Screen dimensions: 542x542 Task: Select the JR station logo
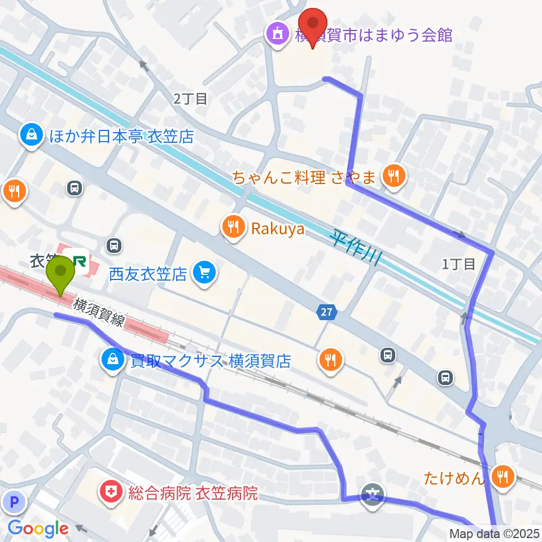[78, 262]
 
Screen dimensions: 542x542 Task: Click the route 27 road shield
[328, 312]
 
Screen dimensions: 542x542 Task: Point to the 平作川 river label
[356, 247]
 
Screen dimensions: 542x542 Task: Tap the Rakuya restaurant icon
[233, 228]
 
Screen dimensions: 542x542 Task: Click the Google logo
[38, 529]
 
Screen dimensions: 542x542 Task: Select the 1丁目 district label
[458, 264]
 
